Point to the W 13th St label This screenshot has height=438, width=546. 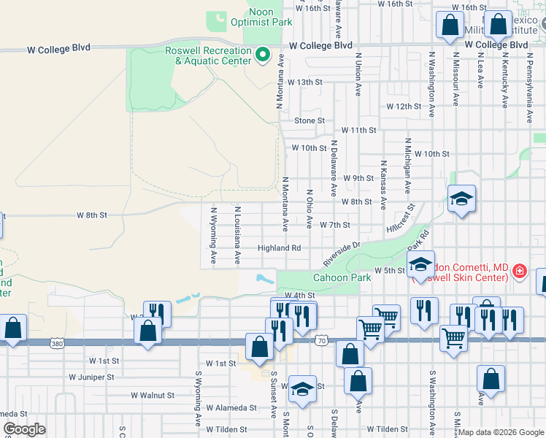(x=304, y=82)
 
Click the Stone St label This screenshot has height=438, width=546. (x=309, y=120)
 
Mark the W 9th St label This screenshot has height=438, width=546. (x=358, y=178)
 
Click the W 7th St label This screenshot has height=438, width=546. (x=335, y=225)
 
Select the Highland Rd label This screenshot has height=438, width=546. (x=279, y=248)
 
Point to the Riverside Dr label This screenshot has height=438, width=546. (x=342, y=255)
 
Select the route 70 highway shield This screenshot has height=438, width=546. (x=321, y=340)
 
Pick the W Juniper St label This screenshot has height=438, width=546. (x=91, y=377)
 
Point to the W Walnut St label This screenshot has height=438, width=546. (x=153, y=395)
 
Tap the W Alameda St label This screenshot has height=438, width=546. (x=231, y=408)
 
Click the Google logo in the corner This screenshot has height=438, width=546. (x=25, y=429)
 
